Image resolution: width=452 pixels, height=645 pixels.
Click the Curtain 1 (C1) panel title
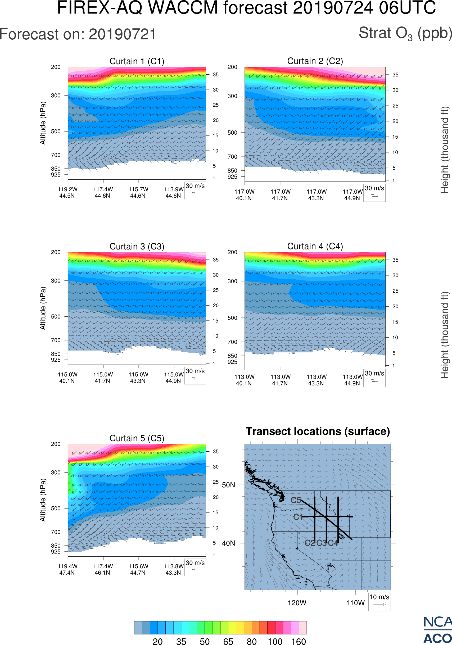(x=137, y=61)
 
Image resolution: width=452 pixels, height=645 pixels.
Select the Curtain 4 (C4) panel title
(x=315, y=246)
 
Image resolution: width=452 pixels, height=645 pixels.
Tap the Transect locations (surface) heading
(x=318, y=431)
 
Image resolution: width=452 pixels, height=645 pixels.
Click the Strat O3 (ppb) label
(x=405, y=33)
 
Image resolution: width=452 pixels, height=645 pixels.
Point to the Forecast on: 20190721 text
(x=78, y=35)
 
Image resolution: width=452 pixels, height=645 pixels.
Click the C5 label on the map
(x=296, y=500)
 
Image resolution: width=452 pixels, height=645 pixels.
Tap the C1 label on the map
(x=298, y=517)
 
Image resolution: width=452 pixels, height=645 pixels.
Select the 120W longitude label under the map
(x=297, y=603)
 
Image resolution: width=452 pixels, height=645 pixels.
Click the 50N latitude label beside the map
(x=228, y=485)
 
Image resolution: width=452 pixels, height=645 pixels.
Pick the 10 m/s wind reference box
(x=379, y=601)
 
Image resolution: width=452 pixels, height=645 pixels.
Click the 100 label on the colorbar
(x=275, y=641)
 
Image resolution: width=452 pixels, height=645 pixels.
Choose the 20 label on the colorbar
(x=158, y=641)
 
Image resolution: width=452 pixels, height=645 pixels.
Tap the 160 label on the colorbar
(x=298, y=641)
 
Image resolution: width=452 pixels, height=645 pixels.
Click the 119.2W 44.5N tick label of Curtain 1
(x=67, y=192)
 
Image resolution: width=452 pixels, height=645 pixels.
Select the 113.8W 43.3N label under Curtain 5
(x=174, y=569)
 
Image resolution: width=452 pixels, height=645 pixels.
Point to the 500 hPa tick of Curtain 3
(x=56, y=317)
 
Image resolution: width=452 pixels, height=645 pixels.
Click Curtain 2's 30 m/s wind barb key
(x=374, y=192)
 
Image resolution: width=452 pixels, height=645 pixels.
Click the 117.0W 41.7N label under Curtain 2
(x=280, y=195)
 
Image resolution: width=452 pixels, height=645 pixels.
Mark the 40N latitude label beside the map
(x=228, y=543)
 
